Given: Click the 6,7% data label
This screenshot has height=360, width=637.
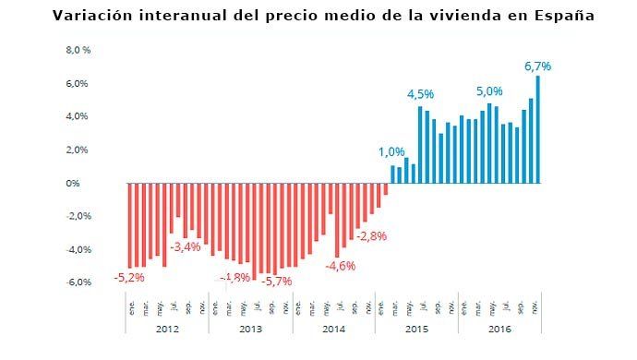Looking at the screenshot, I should pos(537,66).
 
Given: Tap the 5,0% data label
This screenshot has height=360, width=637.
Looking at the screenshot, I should pos(489,92).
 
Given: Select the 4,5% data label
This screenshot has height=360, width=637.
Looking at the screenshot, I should pos(420,94).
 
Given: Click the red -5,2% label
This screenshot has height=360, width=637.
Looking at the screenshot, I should pos(128,276).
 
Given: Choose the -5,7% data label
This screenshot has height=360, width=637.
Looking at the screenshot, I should pos(277,281).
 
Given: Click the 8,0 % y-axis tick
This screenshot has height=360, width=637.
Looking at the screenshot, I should pos(78,51).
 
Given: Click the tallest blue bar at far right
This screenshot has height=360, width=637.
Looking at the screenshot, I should pos(538,129).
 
